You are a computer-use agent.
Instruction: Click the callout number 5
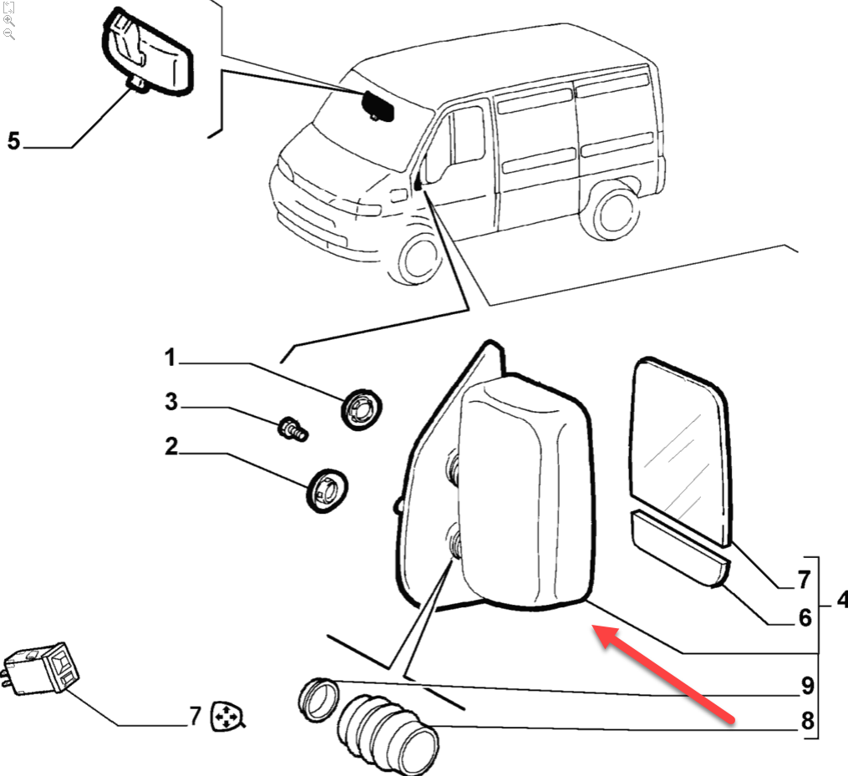pyautogui.click(x=13, y=140)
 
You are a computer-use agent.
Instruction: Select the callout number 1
pyautogui.click(x=170, y=359)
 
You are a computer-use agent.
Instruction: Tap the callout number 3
pyautogui.click(x=171, y=403)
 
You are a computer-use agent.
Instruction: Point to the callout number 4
pyautogui.click(x=840, y=600)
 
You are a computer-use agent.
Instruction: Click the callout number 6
pyautogui.click(x=805, y=617)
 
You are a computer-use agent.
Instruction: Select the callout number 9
pyautogui.click(x=807, y=687)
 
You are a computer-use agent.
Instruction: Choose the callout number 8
pyautogui.click(x=807, y=721)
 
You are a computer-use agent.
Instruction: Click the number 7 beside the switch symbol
pyautogui.click(x=194, y=716)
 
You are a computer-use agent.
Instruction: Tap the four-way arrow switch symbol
pyautogui.click(x=225, y=716)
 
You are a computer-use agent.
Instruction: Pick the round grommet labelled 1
pyautogui.click(x=361, y=408)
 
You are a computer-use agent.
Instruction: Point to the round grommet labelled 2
pyautogui.click(x=326, y=489)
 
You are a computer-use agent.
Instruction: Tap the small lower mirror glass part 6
pyautogui.click(x=678, y=547)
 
